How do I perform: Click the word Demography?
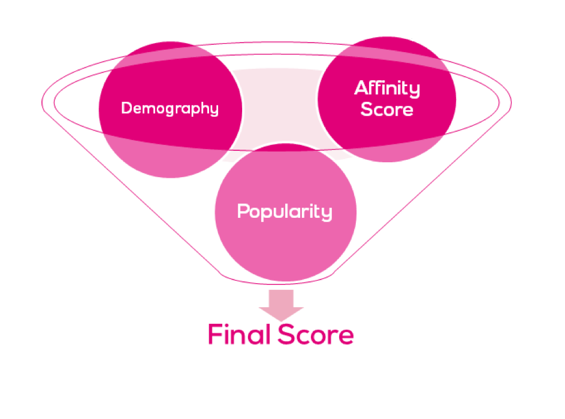pos(170,109)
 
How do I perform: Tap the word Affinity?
pos(387,89)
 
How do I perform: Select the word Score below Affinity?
pos(387,110)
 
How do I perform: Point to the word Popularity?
pos(285,212)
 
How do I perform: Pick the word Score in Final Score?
pos(315,335)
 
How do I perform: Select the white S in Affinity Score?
pos(367,110)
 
